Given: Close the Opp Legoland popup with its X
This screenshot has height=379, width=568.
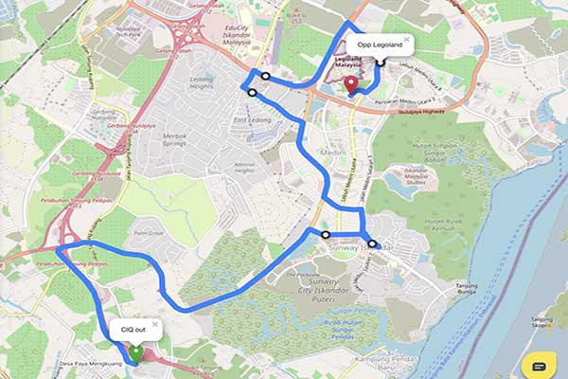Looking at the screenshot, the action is pos(406,41).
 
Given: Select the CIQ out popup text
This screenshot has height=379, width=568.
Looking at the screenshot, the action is pos(133,329).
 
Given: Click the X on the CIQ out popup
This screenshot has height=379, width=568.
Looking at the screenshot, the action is pos(154,324).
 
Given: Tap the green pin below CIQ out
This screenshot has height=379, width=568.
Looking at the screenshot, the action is pos(135,352).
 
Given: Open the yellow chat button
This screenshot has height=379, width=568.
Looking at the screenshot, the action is pos(539,366).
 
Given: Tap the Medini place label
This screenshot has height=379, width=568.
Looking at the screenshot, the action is pos(331,152).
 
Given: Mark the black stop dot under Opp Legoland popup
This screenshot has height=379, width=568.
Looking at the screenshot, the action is pos(380,63).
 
